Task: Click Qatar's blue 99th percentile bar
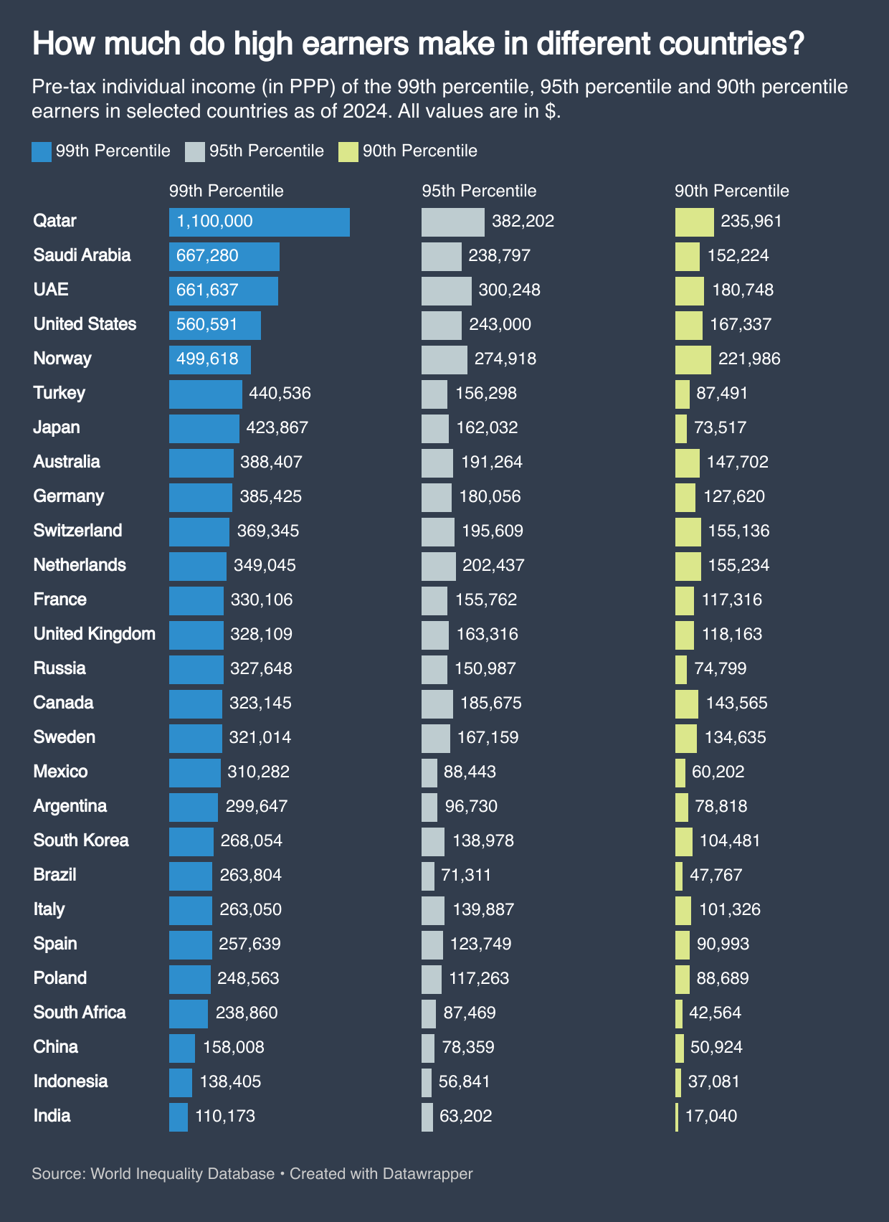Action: point(259,222)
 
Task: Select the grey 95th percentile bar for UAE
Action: point(446,290)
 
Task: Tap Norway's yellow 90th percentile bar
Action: point(693,359)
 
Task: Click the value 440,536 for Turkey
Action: point(280,393)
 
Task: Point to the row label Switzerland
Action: point(77,531)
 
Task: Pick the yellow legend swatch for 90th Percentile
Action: point(348,151)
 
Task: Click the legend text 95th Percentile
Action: point(266,151)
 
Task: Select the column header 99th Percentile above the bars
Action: point(226,191)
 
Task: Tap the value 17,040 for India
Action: point(710,1116)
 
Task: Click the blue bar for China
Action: point(181,1048)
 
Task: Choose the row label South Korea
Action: point(81,840)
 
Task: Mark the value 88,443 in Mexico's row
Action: point(470,772)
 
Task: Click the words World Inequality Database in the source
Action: point(183,1174)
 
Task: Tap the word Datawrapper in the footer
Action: point(427,1174)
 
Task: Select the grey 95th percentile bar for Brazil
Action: point(428,876)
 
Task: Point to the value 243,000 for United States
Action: point(500,324)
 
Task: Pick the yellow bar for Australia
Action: point(687,463)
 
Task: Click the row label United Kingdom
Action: point(94,634)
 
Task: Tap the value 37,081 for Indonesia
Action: point(713,1081)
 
